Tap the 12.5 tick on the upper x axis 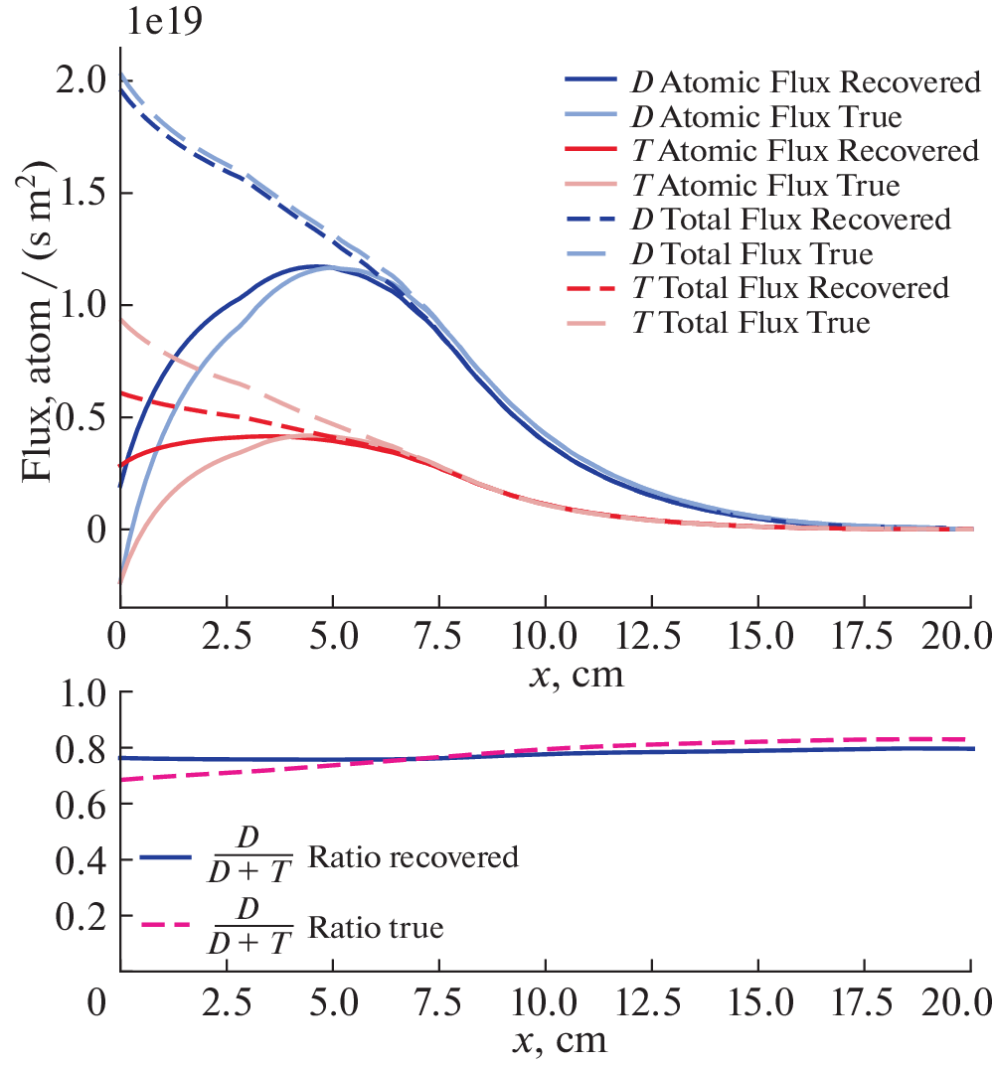tap(650, 634)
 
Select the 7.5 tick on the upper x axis tap(438, 634)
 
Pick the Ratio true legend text tap(378, 929)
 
